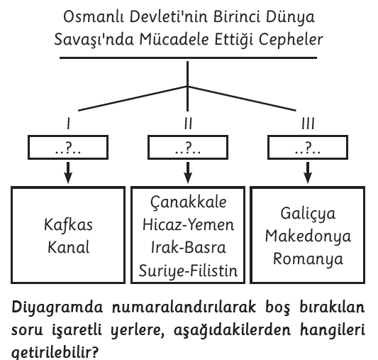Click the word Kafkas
68,225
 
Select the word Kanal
69,247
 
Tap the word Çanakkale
188,202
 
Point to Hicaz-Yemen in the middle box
188,224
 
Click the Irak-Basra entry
188,247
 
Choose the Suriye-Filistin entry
188,271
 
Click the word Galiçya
308,214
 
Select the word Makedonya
308,236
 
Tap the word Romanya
308,258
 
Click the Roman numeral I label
69,124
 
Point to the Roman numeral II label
188,124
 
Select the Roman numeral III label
308,124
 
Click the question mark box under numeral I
68,147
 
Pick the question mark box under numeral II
188,147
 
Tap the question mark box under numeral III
308,147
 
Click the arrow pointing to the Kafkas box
68,173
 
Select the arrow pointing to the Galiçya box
308,173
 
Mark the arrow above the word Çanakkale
188,173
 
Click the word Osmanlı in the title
94,17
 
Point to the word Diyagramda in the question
57,307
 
